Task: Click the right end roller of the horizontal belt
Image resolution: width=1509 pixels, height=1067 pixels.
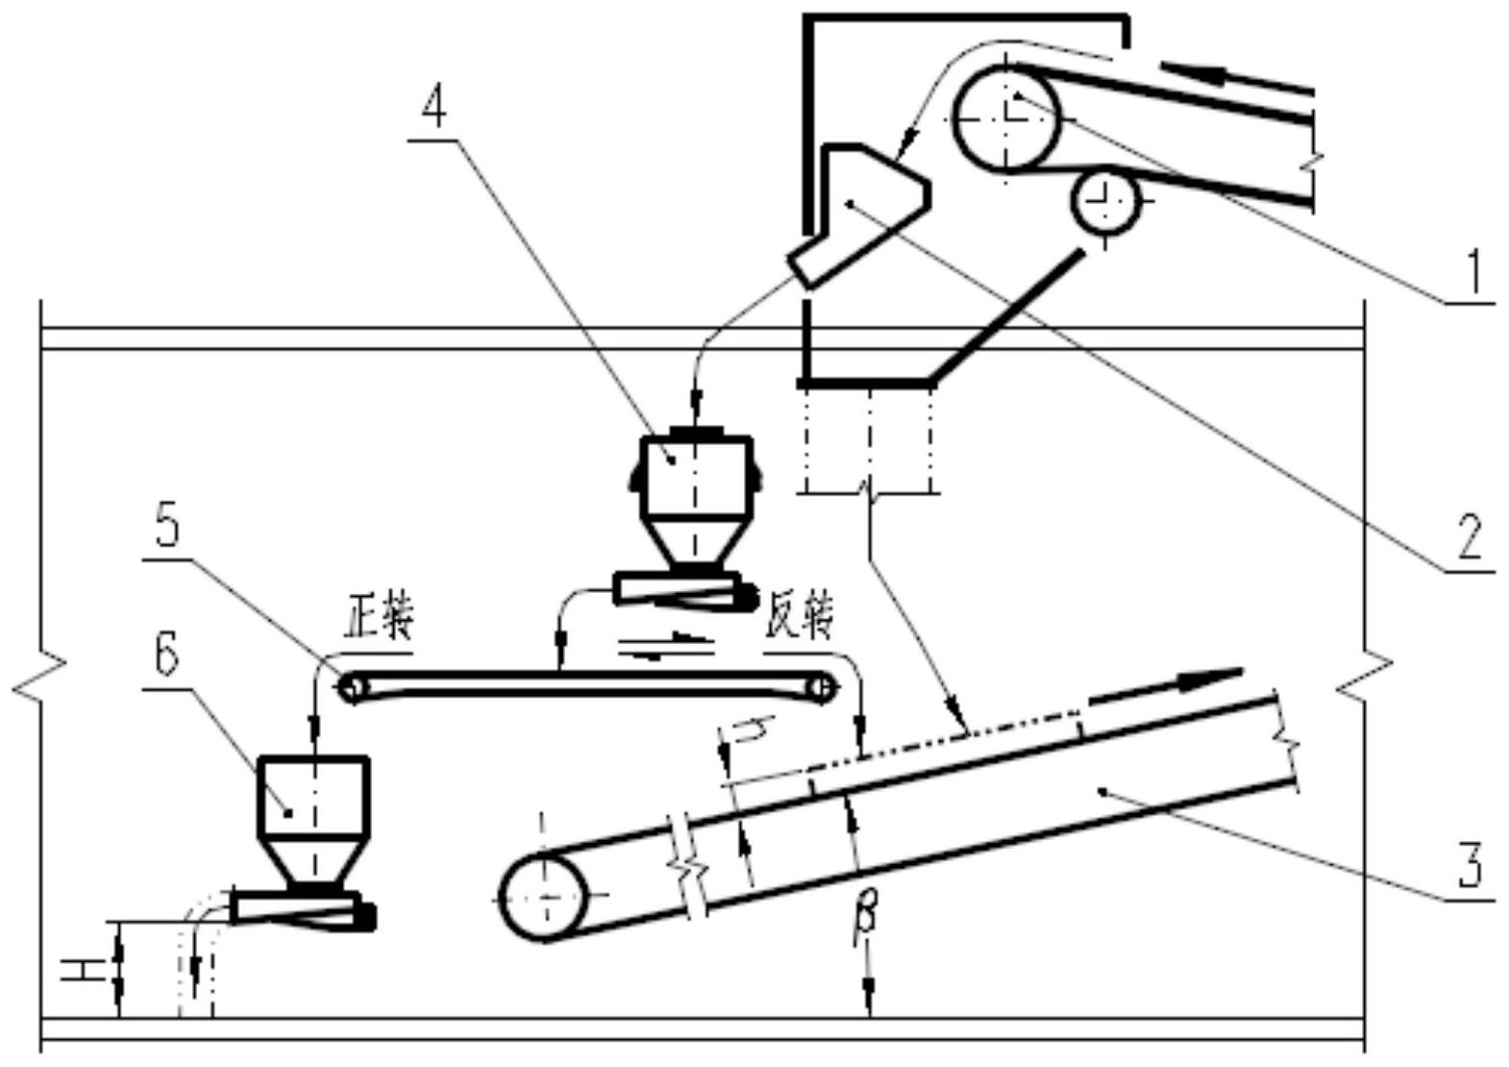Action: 822,688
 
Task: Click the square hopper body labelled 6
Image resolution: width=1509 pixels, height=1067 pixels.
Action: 314,798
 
